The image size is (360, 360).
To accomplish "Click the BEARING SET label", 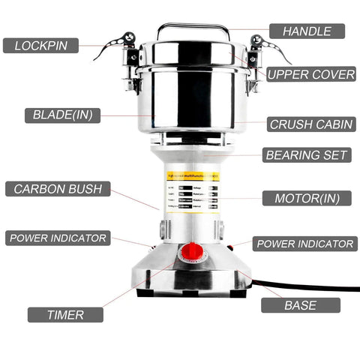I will pos(306,155).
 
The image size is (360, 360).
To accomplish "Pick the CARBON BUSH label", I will pos(57,188).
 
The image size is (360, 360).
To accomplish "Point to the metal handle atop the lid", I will pos(193,28).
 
